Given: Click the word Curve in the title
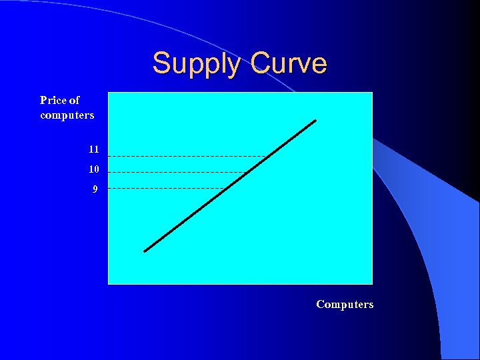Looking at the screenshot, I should coord(289,64).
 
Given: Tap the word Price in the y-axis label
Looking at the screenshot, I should coord(53,100).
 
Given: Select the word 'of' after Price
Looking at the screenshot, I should coord(74,100).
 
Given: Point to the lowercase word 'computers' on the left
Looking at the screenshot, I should coord(67,115).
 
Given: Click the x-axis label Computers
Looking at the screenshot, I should coord(345,304).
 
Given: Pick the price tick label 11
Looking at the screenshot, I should coord(93,149).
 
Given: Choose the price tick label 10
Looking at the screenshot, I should coord(93,169).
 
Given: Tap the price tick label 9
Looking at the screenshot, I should coord(95,189).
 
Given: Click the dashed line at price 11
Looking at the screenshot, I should coord(187,156).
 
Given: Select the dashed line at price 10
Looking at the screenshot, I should coord(177,172).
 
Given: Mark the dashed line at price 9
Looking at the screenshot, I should coord(167,189).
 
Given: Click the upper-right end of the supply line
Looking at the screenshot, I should coord(315,121).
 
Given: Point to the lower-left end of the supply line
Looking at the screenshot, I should coord(145,251).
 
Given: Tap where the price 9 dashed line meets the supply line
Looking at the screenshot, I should coord(226,189).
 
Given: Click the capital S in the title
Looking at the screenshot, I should coord(161,64).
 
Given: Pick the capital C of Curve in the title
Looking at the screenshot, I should coord(261,64).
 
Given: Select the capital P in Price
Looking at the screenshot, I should coord(43,100).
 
